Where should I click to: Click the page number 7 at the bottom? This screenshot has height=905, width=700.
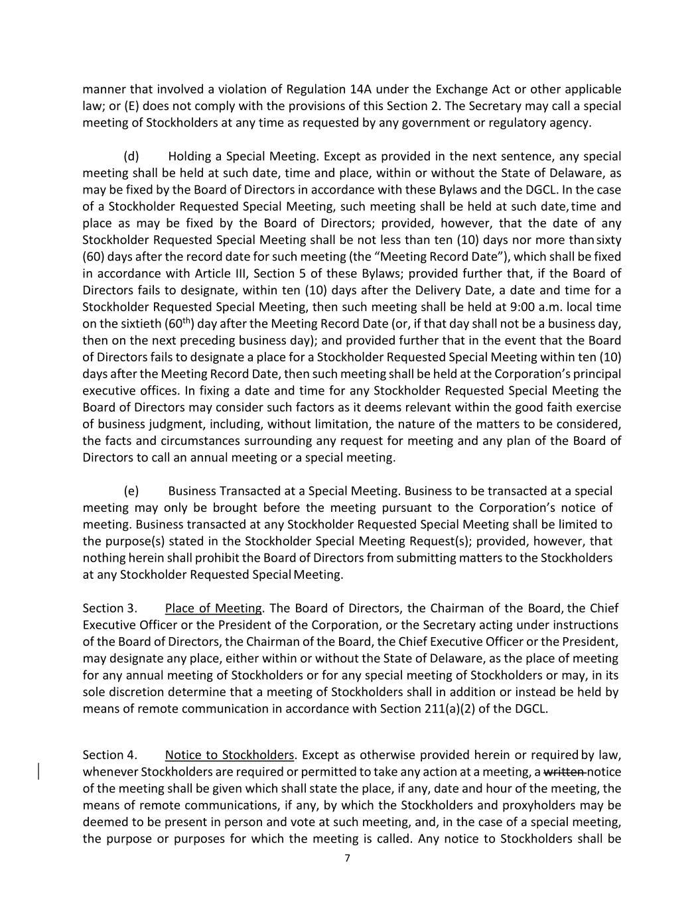pyautogui.click(x=347, y=859)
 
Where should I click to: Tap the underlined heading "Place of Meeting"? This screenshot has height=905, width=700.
pyautogui.click(x=213, y=609)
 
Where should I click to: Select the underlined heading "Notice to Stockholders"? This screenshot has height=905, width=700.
pyautogui.click(x=229, y=755)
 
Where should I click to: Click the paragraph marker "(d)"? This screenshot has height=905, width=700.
pyautogui.click(x=131, y=156)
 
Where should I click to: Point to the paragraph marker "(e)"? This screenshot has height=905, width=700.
pyautogui.click(x=131, y=491)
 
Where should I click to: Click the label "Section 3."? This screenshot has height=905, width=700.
pyautogui.click(x=109, y=609)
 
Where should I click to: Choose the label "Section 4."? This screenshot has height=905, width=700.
pyautogui.click(x=109, y=755)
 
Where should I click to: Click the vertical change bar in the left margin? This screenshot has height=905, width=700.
pyautogui.click(x=38, y=772)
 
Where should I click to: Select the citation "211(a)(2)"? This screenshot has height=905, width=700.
pyautogui.click(x=449, y=709)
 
